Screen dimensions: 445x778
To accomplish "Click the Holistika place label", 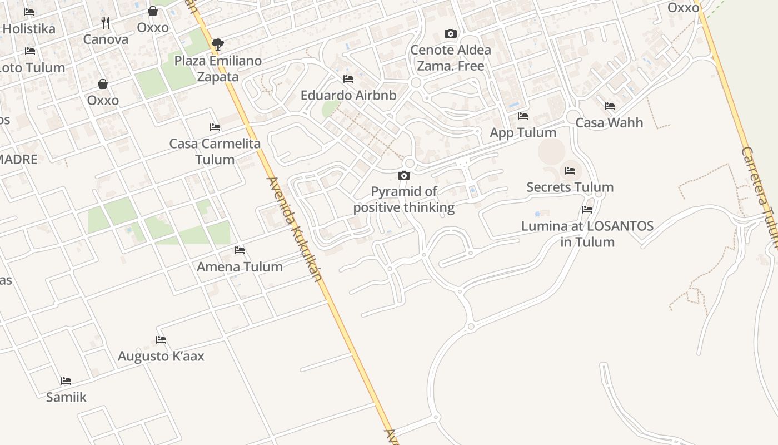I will (29, 28).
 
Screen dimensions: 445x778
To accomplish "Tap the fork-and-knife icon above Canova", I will (106, 23).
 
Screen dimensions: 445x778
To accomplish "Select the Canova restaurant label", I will (106, 39).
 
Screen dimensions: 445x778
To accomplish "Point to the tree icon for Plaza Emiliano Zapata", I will (218, 44).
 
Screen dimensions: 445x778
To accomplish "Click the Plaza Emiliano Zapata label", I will (218, 68).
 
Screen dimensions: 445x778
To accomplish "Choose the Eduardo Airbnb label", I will (348, 95).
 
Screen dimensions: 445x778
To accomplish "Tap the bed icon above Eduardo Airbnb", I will (348, 78).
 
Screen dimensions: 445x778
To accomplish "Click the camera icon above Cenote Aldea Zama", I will (451, 34).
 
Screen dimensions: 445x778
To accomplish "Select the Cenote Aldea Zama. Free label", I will (451, 58).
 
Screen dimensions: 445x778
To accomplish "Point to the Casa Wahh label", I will (609, 122).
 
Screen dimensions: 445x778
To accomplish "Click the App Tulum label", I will (523, 132).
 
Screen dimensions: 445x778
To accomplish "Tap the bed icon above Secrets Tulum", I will (570, 170).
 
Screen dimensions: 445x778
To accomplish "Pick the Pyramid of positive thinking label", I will (404, 200).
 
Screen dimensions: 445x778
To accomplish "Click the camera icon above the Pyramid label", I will (404, 176).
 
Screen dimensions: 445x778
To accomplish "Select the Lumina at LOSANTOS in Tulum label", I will (587, 234).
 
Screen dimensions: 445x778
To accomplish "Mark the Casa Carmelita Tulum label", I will (215, 151).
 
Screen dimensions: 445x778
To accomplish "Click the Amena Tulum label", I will (240, 266).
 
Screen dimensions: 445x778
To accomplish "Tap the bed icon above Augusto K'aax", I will (161, 339).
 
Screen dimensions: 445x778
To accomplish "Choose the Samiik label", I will (66, 397).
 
